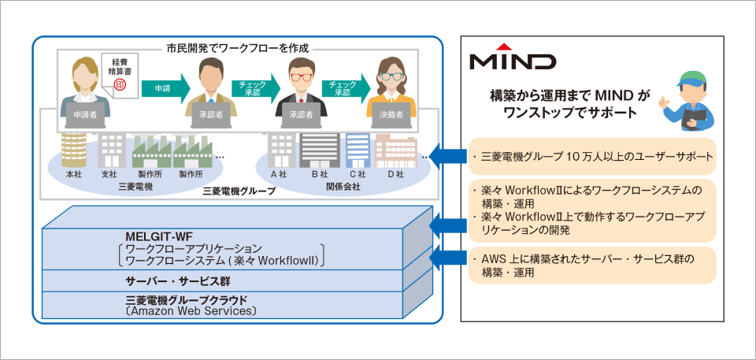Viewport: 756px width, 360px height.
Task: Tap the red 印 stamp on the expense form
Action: (121, 82)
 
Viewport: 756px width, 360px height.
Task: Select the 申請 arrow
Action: (161, 89)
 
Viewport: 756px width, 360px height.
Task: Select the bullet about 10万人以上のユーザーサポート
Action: (591, 156)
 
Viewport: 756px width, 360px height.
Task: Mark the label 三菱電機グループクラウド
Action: (187, 300)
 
